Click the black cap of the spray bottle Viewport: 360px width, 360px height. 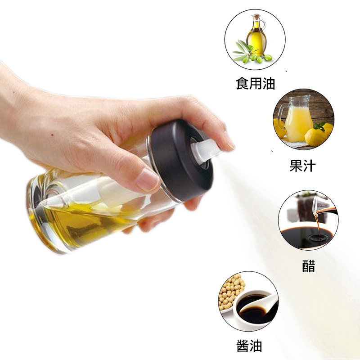(181, 161)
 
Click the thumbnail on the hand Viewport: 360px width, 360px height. (147, 180)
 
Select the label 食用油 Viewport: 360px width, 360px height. (255, 83)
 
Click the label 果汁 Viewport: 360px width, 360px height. (302, 166)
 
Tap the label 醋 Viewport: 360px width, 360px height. (308, 266)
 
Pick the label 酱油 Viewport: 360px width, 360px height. (249, 346)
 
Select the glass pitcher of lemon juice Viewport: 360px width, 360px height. (295, 118)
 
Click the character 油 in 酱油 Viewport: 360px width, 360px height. (256, 346)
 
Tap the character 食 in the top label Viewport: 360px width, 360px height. (242, 83)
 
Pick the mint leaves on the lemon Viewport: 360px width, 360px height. (320, 126)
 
